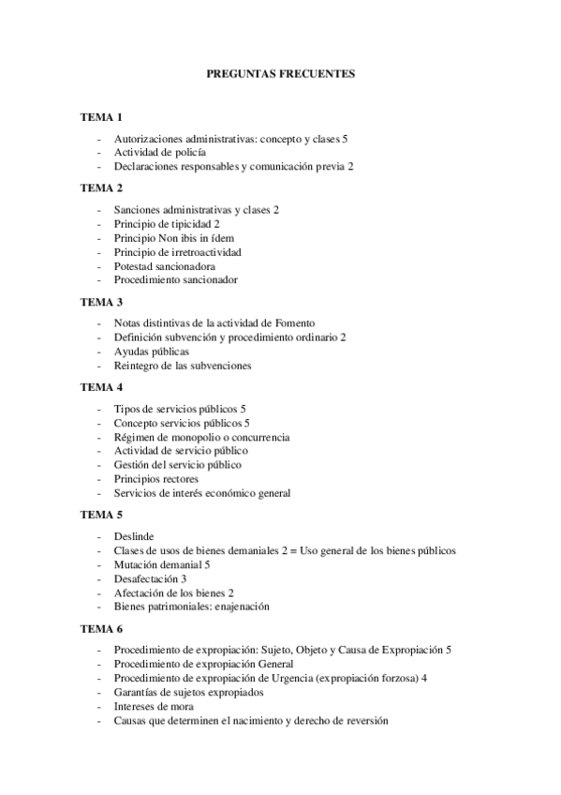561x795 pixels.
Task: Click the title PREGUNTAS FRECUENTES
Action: click(x=280, y=72)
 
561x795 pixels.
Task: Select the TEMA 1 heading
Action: click(x=101, y=117)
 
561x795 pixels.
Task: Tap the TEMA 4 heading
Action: click(x=101, y=387)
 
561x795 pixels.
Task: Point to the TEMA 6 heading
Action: click(x=101, y=628)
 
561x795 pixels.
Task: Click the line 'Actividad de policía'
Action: click(x=160, y=152)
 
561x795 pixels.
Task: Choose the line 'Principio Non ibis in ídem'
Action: click(x=174, y=238)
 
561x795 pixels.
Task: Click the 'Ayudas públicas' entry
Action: click(x=151, y=351)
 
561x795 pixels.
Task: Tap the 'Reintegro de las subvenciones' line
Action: click(x=183, y=365)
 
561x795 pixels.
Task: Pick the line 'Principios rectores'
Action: click(x=156, y=479)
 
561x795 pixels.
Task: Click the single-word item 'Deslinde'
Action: click(x=134, y=536)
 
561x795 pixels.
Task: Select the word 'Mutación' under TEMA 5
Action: click(x=135, y=564)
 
